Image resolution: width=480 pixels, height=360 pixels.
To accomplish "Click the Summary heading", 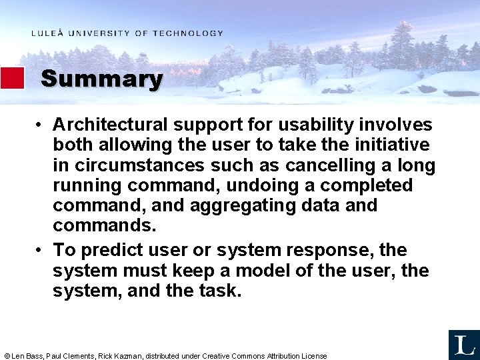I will click(x=101, y=79).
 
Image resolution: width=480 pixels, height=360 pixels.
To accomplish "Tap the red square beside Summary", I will click(x=12, y=78).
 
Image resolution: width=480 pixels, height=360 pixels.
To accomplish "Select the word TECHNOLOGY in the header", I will click(x=188, y=33).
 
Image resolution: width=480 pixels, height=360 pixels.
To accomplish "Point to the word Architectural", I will click(x=111, y=125).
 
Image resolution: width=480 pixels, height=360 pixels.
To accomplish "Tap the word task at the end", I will click(x=221, y=291).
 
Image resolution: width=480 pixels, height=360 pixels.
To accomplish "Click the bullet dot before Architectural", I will click(x=40, y=125).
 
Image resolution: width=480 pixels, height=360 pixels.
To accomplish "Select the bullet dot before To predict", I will click(x=40, y=251).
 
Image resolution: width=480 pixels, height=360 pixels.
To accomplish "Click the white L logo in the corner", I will click(x=463, y=344).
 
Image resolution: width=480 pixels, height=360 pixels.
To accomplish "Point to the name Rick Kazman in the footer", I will click(x=120, y=356).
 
